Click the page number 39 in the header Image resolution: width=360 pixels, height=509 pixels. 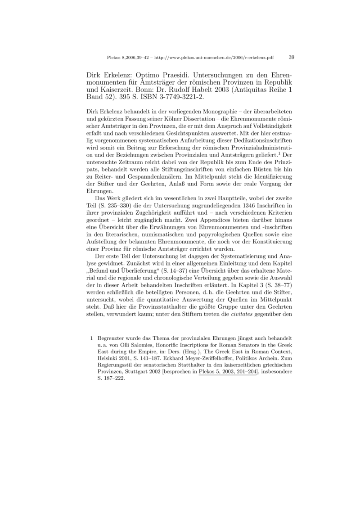coord(291,57)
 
